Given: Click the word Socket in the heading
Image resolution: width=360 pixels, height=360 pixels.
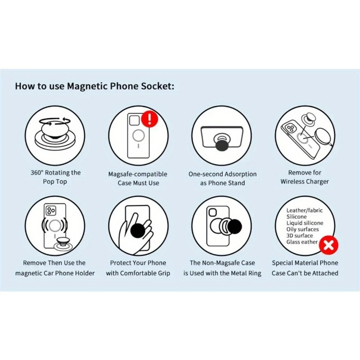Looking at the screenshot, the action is click(x=157, y=86).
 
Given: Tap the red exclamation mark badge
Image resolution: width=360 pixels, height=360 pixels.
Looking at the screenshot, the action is click(x=149, y=119).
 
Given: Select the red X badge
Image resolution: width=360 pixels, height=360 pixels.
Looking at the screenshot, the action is click(x=328, y=245).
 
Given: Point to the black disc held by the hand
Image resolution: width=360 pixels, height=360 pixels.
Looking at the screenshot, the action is click(x=139, y=230).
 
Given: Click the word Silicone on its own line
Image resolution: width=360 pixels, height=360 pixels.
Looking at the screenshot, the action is click(x=297, y=217).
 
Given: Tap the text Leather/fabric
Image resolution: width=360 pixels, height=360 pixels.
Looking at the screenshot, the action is click(x=305, y=210).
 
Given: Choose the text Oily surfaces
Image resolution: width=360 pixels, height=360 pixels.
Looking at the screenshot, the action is click(x=302, y=229).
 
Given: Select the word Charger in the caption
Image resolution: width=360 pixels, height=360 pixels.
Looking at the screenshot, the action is click(x=317, y=182).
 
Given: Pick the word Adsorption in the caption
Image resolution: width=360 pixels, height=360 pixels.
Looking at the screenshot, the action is click(x=240, y=174).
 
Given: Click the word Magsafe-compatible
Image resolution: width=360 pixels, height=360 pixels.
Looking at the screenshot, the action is click(x=138, y=174).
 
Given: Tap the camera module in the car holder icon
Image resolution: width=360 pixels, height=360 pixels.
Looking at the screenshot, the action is click(x=51, y=211).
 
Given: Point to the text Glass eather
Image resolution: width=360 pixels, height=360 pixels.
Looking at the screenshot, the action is click(x=301, y=242).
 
